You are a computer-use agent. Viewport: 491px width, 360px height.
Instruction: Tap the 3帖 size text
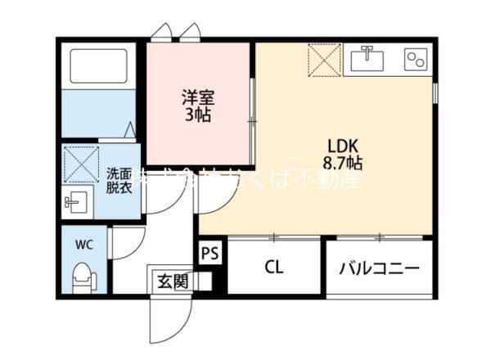[196, 115]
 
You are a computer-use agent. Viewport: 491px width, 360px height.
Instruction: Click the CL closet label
[275, 268]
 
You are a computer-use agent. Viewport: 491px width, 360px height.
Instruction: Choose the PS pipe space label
[209, 254]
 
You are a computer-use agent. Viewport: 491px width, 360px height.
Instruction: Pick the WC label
[84, 244]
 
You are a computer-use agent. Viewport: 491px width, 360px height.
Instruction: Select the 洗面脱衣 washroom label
[119, 180]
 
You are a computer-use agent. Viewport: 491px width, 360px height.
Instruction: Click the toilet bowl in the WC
[83, 279]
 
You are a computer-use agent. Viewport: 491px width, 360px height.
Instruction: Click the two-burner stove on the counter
[416, 58]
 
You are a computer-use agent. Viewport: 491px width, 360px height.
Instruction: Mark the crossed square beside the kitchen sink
[324, 59]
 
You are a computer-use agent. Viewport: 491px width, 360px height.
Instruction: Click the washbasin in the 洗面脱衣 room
[79, 201]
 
